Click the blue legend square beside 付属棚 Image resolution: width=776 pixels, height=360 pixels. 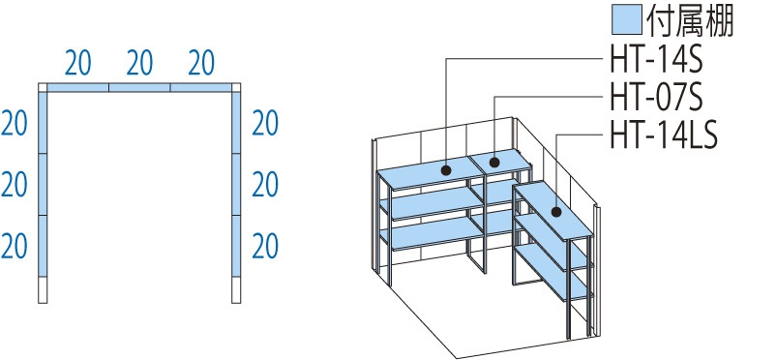tap(627, 19)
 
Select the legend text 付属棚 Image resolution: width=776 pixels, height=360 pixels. tap(689, 20)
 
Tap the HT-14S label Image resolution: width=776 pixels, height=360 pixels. tap(656, 62)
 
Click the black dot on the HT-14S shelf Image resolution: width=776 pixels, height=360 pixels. tap(446, 171)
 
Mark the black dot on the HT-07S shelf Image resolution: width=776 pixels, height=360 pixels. tap(494, 162)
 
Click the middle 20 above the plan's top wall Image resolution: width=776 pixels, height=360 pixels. tap(139, 63)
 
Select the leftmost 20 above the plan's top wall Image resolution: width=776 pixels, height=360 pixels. tap(77, 63)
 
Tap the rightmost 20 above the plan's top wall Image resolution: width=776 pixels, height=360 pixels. tap(201, 63)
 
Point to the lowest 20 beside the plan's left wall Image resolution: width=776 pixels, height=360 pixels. tap(14, 247)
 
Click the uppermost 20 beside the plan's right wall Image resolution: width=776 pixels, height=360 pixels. tap(265, 124)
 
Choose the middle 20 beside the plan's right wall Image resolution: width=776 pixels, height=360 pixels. tap(265, 185)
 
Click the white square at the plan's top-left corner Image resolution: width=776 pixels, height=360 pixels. tap(43, 88)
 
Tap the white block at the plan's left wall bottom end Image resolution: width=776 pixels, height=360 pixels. tap(43, 289)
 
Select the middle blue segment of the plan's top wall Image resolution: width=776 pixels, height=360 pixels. tap(139, 88)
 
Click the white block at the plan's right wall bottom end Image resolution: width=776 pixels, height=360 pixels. tap(236, 289)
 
